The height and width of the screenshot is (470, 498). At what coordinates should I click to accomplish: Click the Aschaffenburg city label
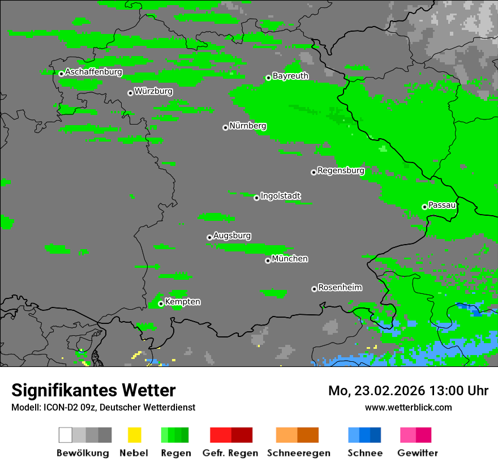tap(93, 72)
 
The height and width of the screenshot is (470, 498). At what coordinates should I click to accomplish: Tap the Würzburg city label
tap(153, 92)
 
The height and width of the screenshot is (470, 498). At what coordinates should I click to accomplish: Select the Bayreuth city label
tap(290, 76)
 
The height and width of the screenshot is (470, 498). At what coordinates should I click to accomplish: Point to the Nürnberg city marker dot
tap(225, 127)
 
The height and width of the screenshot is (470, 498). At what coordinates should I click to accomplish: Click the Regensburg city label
tap(341, 171)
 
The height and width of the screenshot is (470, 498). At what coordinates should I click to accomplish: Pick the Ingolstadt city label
tap(280, 196)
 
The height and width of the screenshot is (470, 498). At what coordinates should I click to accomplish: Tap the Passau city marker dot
tap(424, 207)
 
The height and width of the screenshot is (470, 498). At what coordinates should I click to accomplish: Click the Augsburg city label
tap(232, 236)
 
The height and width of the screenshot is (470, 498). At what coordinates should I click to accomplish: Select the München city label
tap(290, 259)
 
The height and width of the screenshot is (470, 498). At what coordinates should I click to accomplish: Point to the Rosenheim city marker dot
tap(314, 289)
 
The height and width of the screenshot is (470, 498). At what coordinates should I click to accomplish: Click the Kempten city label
tap(182, 302)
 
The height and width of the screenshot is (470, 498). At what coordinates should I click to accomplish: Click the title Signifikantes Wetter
tap(93, 391)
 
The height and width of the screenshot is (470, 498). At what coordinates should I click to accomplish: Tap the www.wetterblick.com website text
tap(408, 408)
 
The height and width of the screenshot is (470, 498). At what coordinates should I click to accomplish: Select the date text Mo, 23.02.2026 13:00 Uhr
tap(408, 391)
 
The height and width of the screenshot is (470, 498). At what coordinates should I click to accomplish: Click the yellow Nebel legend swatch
tap(134, 435)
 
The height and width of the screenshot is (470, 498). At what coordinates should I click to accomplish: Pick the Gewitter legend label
tap(418, 453)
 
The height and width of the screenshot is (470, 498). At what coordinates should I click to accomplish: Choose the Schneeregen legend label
tap(298, 453)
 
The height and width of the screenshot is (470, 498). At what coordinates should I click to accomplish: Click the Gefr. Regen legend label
tap(230, 453)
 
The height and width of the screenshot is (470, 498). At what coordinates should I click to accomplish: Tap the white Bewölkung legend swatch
tap(66, 435)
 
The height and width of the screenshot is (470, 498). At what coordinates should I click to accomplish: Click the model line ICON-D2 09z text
tap(103, 408)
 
